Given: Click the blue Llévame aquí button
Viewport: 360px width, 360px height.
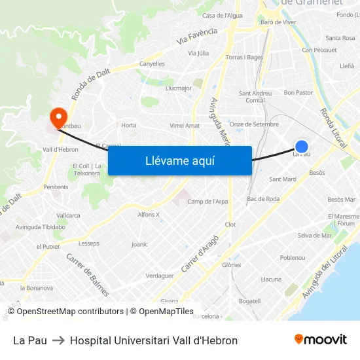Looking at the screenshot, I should tap(179, 160).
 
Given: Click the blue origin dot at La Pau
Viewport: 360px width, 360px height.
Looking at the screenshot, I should tap(301, 147).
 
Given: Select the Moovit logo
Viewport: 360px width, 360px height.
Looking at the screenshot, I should tap(320, 340).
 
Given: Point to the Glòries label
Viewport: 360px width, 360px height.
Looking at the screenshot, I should tap(231, 265).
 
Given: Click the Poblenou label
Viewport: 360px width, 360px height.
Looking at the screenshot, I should tap(293, 258).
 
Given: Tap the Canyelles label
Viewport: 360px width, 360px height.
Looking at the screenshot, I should tap(152, 64).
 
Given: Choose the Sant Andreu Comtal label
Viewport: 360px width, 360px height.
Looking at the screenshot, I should tap(255, 97).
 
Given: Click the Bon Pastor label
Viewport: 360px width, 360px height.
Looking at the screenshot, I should tap(298, 93).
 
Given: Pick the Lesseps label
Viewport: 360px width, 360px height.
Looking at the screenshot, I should tap(89, 243).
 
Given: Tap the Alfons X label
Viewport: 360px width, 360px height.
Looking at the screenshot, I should tap(149, 215).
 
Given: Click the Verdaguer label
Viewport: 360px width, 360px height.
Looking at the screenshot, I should tap(160, 276).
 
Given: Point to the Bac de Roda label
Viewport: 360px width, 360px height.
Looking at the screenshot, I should tap(263, 199).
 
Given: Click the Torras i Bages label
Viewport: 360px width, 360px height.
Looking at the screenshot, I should tap(244, 58).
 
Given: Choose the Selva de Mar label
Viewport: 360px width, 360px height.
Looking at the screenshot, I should tap(314, 235).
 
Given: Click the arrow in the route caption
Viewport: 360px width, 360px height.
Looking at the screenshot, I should tap(58, 340).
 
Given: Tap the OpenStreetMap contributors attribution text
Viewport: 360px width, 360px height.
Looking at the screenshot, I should tap(71, 312).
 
